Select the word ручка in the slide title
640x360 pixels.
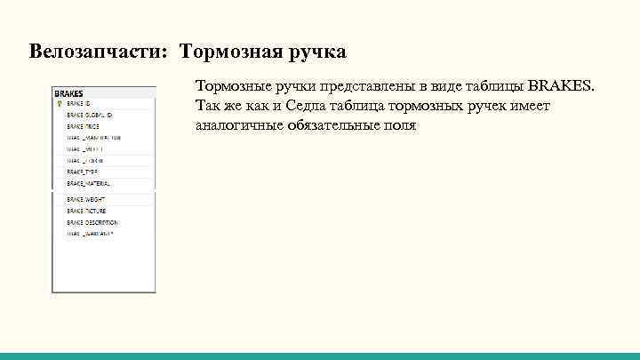pyautogui.click(x=316, y=52)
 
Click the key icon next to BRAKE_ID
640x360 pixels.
pyautogui.click(x=58, y=103)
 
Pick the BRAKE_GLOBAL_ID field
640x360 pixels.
pyautogui.click(x=88, y=115)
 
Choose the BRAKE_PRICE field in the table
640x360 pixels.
pyautogui.click(x=82, y=126)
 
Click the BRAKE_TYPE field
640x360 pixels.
pyautogui.click(x=81, y=172)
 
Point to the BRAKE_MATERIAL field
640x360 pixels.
pyautogui.click(x=88, y=183)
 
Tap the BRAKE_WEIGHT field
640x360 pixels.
pyautogui.click(x=84, y=200)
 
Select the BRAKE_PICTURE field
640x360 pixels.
pyautogui.click(x=85, y=211)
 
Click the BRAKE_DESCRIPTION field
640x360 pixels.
pyautogui.click(x=92, y=222)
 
